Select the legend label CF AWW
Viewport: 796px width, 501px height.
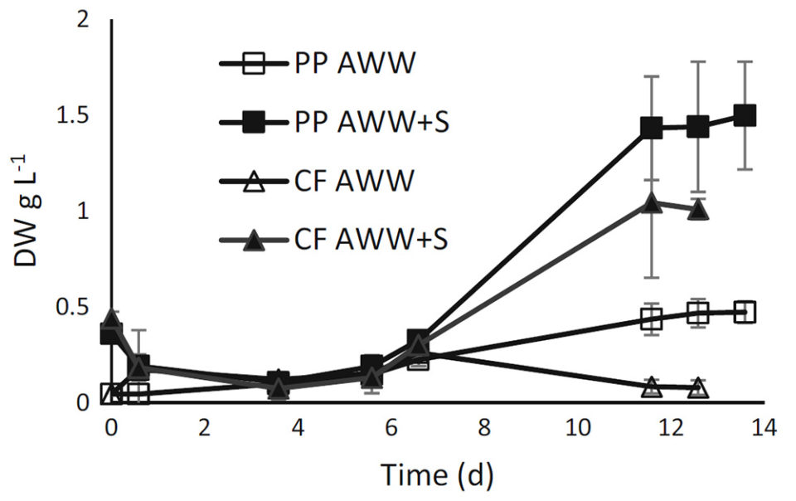pos(352,181)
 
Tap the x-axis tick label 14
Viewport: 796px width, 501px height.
pos(762,428)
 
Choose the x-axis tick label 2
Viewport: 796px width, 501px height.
pos(204,428)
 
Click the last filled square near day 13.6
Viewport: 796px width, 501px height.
pos(745,115)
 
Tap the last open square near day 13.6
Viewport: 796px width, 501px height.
pos(745,312)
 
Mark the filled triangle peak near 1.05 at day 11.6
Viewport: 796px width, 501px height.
pos(652,202)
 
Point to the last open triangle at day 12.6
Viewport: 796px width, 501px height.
pos(698,387)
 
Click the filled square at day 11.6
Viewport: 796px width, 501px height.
pos(652,128)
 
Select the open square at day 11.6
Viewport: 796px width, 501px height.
pos(652,319)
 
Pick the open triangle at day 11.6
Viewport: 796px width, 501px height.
pos(652,387)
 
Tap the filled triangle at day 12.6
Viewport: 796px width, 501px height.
pos(698,209)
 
